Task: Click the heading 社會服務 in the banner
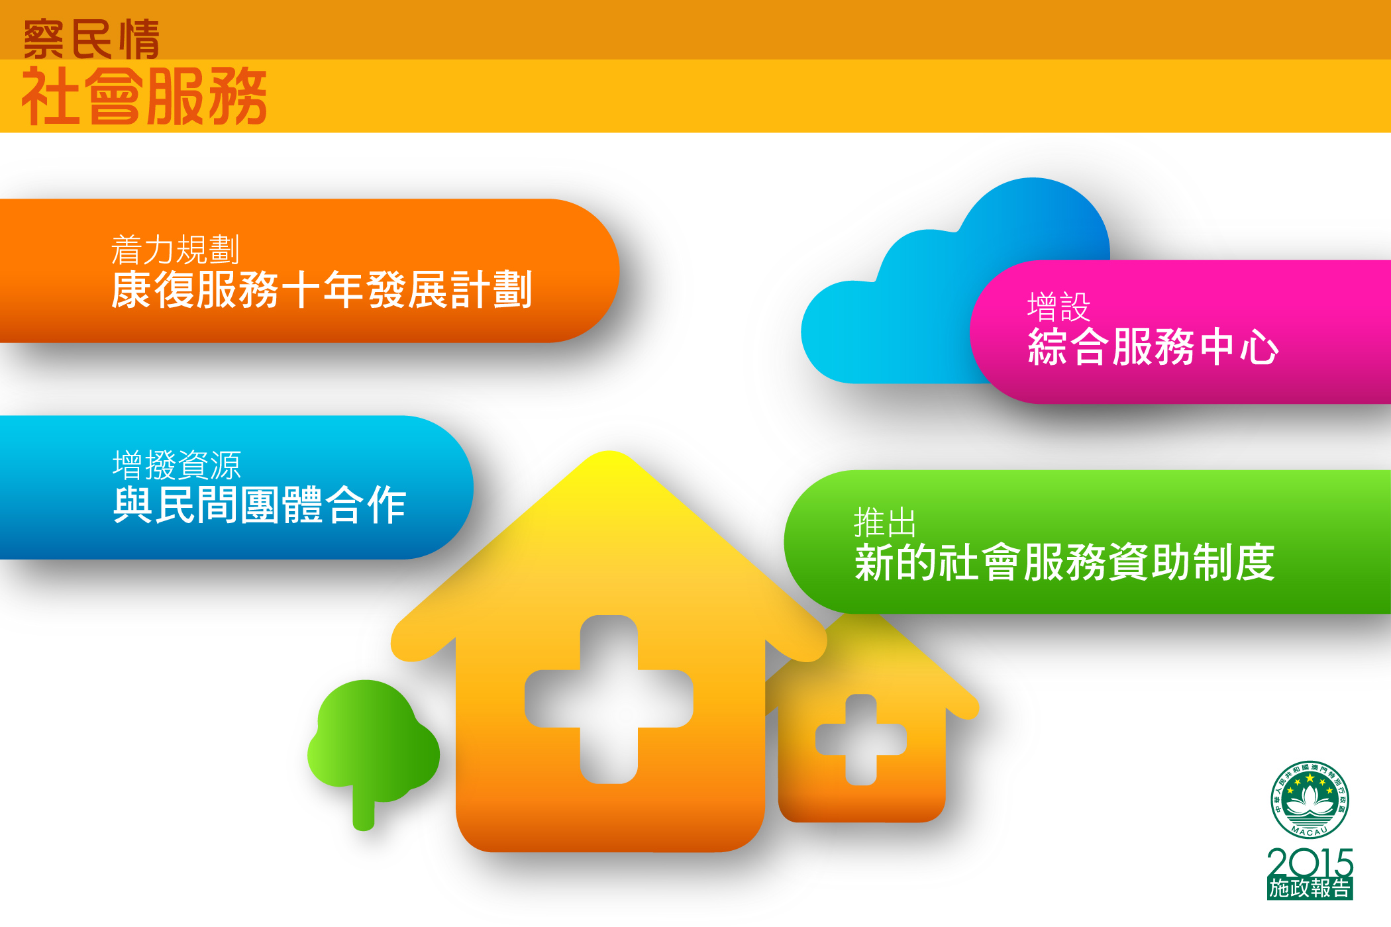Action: (144, 97)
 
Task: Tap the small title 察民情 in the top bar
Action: (91, 39)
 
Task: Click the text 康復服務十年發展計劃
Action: (322, 289)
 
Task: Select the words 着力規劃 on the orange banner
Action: (175, 250)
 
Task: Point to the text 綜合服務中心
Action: (1153, 346)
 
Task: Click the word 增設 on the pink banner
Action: (1058, 307)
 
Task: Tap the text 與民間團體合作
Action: (259, 505)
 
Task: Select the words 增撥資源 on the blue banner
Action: (177, 465)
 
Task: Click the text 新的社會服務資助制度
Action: (1064, 562)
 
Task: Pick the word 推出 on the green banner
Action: (885, 522)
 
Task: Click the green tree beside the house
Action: (373, 742)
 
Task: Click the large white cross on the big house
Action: (609, 699)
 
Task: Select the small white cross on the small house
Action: (861, 740)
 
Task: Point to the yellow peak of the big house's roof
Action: (609, 454)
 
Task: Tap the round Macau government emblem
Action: (1310, 800)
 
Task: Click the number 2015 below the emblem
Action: (1310, 863)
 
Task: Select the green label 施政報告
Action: (1310, 889)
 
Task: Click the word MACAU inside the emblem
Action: (1310, 831)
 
